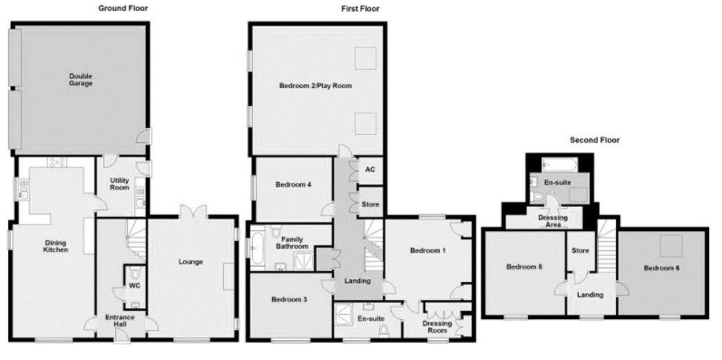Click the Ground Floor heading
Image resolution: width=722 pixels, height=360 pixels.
pos(123,8)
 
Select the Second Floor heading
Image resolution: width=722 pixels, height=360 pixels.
pos(594,140)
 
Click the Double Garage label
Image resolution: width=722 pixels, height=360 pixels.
pos(82,79)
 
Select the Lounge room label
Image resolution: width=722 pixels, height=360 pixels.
pos(191,261)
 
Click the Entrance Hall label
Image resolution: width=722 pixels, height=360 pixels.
pos(119,321)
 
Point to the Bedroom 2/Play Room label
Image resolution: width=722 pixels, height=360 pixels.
pos(315,86)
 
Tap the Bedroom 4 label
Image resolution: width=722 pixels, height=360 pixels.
pos(293,186)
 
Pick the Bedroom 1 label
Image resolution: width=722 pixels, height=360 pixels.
pos(428,251)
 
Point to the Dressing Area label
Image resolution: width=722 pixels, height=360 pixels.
pos(549,220)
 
